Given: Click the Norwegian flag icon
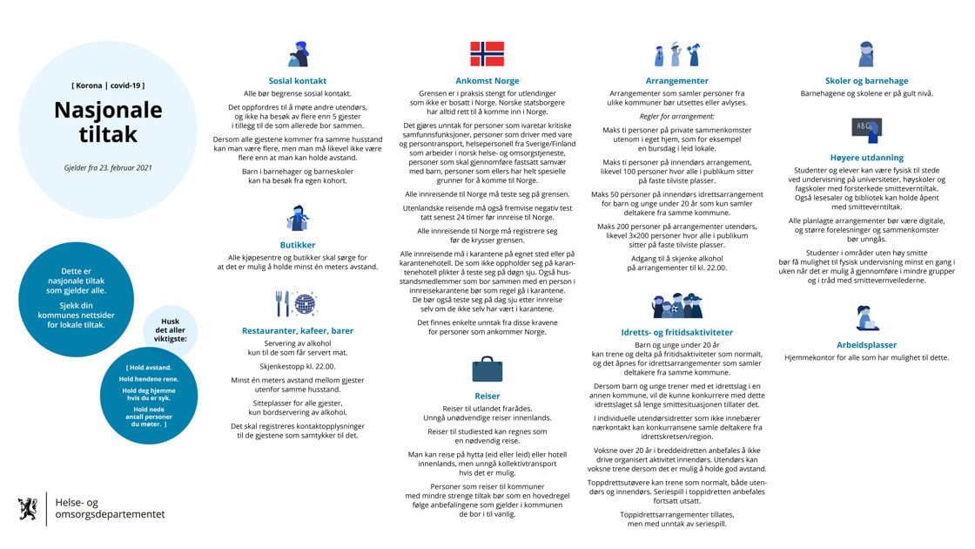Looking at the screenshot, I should (487, 54).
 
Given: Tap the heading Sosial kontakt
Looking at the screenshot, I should (298, 81).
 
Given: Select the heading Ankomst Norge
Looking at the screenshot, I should (487, 81).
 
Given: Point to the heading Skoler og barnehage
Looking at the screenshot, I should (866, 81).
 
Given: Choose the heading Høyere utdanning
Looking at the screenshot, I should (866, 158).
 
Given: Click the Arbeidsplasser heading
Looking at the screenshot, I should (866, 345).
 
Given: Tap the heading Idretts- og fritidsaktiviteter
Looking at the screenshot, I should (677, 332).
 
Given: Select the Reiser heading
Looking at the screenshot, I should (487, 396).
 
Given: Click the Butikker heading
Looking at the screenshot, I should (298, 245).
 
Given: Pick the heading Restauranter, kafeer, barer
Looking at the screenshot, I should (298, 331).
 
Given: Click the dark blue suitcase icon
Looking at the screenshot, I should (487, 369).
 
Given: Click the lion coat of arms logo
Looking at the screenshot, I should (29, 509).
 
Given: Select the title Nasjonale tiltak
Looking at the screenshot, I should (108, 123).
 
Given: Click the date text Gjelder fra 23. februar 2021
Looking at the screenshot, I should (108, 167).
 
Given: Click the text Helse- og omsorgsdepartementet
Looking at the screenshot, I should (110, 509).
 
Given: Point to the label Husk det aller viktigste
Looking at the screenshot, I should (170, 329).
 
